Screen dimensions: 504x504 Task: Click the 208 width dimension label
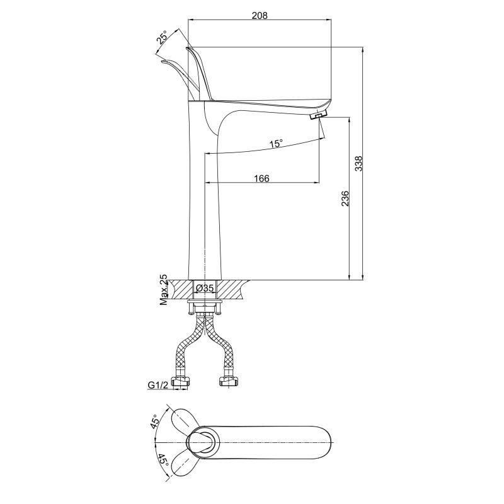260,15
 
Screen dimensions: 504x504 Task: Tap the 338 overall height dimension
358,164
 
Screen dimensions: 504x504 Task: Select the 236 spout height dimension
345,198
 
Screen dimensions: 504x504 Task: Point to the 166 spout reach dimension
261,178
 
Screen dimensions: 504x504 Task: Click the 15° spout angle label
276,144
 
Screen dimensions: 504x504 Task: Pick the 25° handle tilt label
163,37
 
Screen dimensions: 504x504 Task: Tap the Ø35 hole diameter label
205,289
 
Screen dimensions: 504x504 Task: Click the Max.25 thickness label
164,290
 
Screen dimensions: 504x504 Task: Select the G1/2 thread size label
158,385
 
